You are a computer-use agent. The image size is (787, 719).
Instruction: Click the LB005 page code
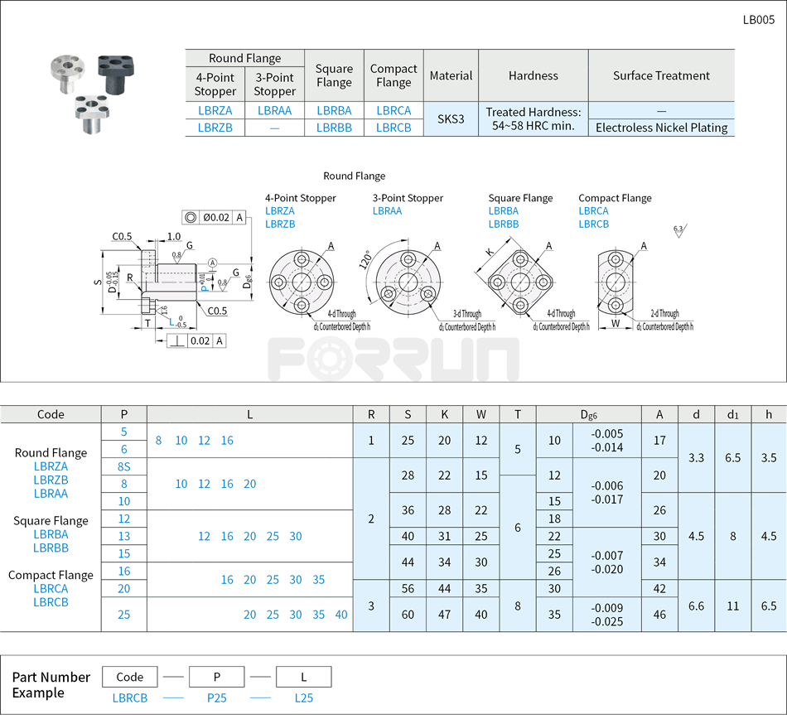(758, 20)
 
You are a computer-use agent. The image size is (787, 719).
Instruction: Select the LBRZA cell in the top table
(215, 110)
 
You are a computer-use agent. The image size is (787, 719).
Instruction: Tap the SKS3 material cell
(451, 118)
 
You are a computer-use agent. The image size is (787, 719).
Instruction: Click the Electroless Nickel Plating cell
(661, 128)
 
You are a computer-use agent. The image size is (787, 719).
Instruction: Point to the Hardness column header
(534, 75)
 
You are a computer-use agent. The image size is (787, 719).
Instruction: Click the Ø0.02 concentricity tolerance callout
(215, 217)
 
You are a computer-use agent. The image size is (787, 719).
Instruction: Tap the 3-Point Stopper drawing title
(408, 198)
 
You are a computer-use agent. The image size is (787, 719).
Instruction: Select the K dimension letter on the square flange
(490, 252)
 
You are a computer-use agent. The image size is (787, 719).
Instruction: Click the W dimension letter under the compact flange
(615, 324)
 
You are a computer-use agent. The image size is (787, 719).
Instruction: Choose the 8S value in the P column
(123, 466)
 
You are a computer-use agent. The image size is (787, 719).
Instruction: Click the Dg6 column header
(588, 414)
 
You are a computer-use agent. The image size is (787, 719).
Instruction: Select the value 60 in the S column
(408, 615)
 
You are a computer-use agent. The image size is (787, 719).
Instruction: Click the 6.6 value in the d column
(696, 606)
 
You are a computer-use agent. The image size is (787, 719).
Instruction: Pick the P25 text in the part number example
(216, 697)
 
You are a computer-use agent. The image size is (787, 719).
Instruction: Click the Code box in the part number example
(130, 676)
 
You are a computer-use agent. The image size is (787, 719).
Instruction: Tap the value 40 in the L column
(341, 615)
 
